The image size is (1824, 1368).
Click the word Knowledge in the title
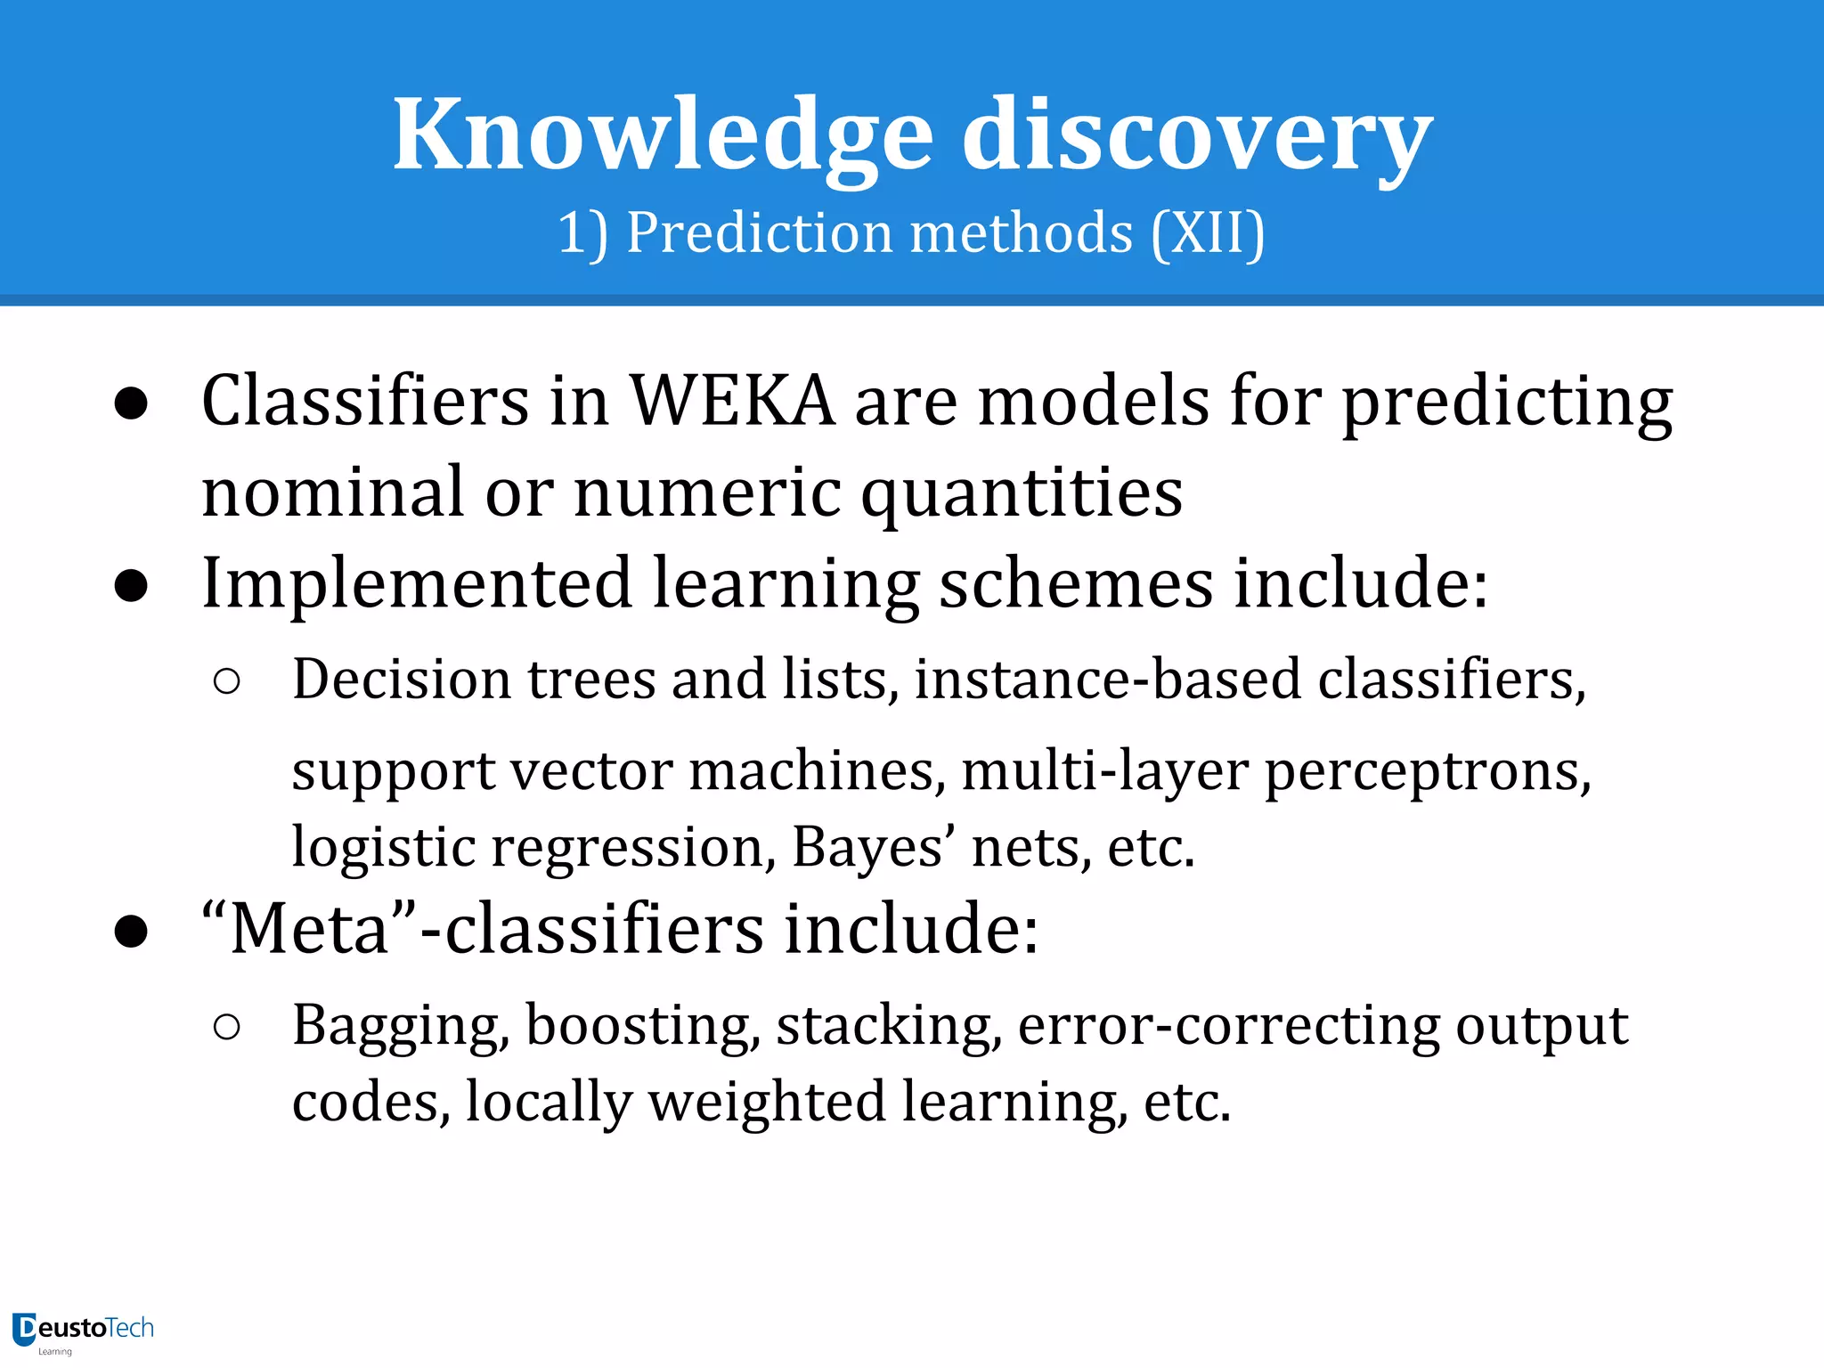pos(664,135)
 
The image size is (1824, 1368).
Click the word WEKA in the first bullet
pos(732,402)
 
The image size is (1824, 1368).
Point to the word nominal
pos(333,493)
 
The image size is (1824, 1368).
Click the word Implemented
pos(417,583)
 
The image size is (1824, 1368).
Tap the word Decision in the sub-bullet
pos(402,680)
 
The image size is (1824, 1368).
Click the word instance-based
pos(1108,680)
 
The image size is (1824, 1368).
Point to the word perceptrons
pos(1427,772)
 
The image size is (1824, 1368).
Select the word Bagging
pos(401,1027)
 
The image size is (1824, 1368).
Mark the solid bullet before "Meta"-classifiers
pos(131,932)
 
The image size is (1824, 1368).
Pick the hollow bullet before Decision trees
pos(227,681)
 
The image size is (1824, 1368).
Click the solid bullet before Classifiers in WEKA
pos(131,403)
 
